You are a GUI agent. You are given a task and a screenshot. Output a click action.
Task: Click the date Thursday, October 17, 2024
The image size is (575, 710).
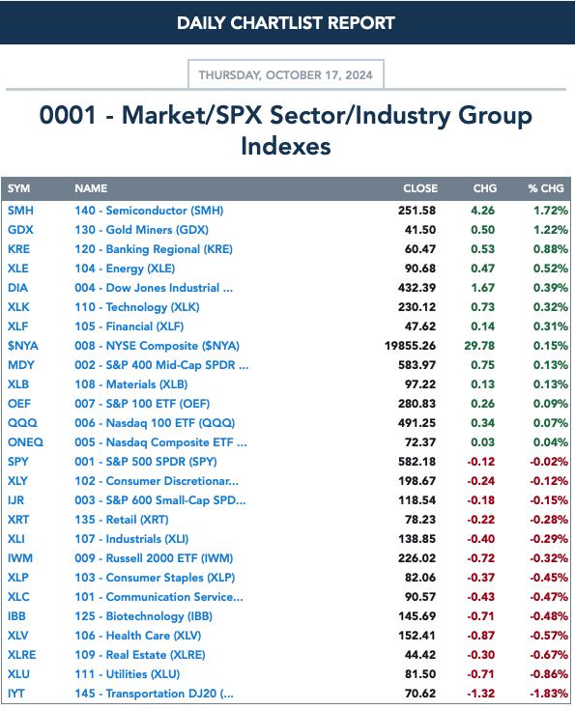(x=285, y=74)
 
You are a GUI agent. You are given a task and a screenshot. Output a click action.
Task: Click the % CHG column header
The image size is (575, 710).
(x=546, y=188)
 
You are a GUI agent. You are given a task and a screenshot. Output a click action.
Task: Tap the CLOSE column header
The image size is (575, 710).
(x=420, y=188)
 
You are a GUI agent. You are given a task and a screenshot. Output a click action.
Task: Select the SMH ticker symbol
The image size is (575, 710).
(x=20, y=211)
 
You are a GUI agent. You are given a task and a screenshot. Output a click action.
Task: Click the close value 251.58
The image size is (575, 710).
(x=417, y=211)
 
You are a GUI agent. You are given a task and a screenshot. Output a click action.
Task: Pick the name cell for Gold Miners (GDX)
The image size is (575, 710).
(x=141, y=230)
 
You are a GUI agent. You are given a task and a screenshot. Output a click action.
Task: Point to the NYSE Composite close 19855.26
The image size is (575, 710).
(x=410, y=346)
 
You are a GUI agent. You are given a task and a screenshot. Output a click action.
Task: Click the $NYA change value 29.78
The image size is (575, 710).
(x=479, y=346)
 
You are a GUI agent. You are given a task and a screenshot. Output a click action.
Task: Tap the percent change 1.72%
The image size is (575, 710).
(x=550, y=211)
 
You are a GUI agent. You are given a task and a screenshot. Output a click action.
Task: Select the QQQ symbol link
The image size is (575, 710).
(x=22, y=423)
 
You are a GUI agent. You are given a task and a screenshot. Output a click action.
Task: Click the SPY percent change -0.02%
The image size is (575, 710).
(x=549, y=462)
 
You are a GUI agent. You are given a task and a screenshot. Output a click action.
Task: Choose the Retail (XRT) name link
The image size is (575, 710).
(x=122, y=520)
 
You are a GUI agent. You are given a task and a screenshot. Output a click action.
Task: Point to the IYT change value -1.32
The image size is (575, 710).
(x=480, y=694)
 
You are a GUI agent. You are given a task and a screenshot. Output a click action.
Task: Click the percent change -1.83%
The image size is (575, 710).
(x=549, y=694)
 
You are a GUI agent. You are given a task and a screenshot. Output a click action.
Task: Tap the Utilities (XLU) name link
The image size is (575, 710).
(x=128, y=674)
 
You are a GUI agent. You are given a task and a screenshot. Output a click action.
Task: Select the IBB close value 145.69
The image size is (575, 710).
(x=417, y=616)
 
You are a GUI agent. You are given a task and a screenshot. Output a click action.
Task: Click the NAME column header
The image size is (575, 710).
(x=91, y=188)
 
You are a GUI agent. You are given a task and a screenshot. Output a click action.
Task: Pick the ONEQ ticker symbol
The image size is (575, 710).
(x=25, y=442)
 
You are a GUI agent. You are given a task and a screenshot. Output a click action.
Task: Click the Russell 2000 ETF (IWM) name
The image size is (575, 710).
(x=154, y=558)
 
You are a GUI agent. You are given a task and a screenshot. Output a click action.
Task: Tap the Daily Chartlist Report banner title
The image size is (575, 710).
(x=286, y=23)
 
